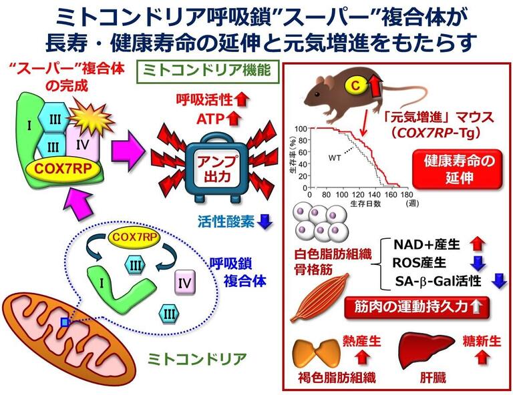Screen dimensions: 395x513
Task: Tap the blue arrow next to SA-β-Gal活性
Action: point(498,281)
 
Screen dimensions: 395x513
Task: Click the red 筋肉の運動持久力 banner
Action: point(415,308)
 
